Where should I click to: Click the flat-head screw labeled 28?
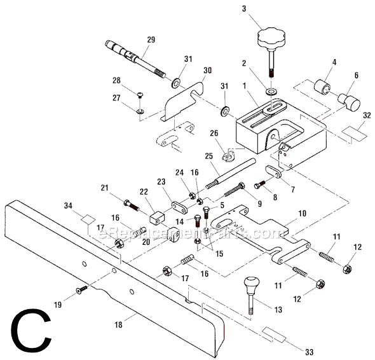pos(140,95)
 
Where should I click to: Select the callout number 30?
pos(207,71)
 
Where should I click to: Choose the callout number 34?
pos(69,205)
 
